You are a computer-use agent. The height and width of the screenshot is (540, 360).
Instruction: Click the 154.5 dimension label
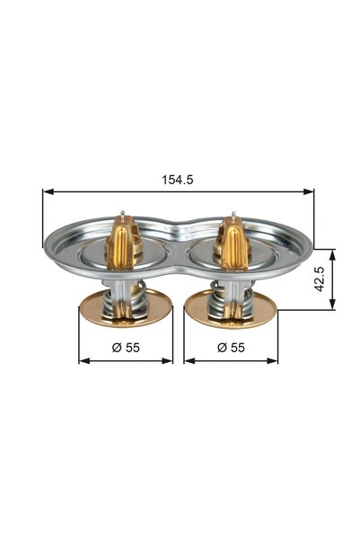[178, 180]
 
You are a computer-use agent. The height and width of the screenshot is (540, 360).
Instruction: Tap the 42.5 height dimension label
[320, 279]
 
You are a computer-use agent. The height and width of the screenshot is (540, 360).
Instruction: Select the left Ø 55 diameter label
[126, 348]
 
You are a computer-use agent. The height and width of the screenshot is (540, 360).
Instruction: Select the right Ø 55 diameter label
[231, 348]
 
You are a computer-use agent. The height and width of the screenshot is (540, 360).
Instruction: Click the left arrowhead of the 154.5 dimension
[48, 191]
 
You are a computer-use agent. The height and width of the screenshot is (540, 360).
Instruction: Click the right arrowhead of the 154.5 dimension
[308, 191]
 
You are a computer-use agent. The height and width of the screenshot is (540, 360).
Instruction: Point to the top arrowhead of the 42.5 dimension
[332, 255]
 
